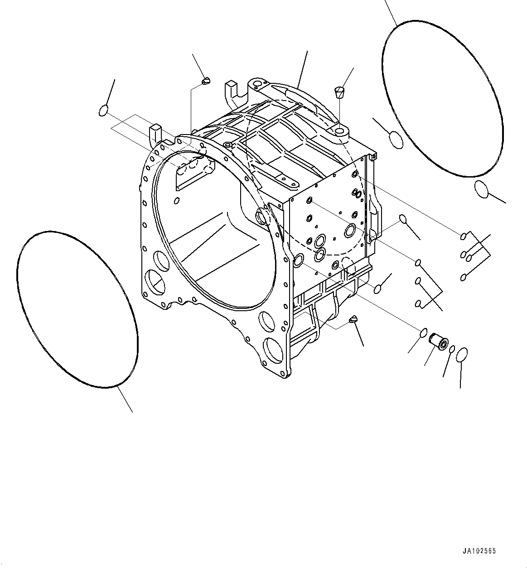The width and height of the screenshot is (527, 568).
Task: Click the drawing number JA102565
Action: [x=479, y=551]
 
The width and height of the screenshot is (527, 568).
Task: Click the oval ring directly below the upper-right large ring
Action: [x=481, y=189]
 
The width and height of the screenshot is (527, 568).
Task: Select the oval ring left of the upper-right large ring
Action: [x=395, y=140]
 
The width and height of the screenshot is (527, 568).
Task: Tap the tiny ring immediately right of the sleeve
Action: [x=452, y=348]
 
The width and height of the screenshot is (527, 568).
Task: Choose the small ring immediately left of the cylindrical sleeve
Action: [x=423, y=332]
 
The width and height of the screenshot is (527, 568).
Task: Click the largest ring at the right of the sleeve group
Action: [x=461, y=355]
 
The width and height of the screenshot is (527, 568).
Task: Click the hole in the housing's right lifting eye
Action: [x=340, y=131]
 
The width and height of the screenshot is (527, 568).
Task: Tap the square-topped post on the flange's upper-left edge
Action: [x=155, y=132]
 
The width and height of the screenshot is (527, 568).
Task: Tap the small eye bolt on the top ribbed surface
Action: [x=227, y=144]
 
